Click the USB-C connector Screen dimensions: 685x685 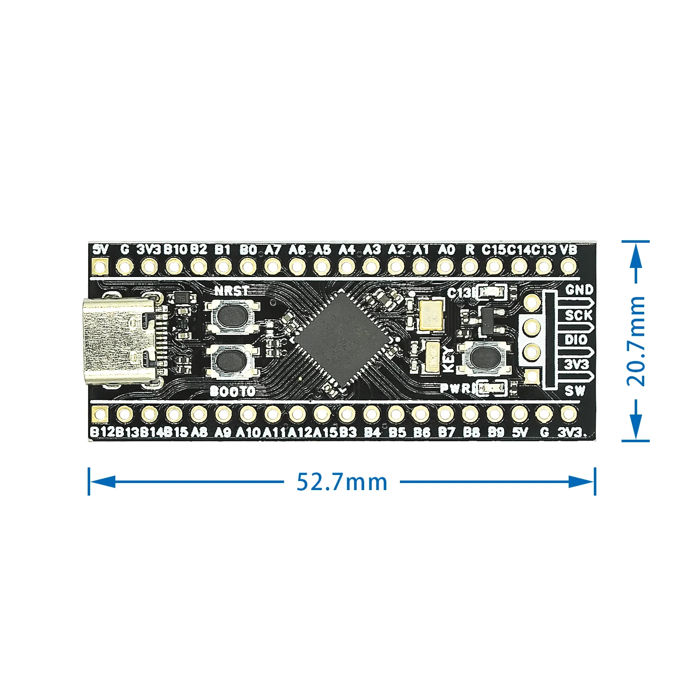[118, 341]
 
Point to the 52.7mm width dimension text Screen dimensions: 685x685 [342, 482]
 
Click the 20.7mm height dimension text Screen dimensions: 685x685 [636, 341]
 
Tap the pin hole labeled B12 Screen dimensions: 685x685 [100, 415]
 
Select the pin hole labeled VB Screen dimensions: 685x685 [569, 265]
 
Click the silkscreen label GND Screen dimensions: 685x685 [579, 290]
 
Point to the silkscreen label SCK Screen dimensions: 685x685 [579, 315]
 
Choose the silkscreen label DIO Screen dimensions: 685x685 [576, 339]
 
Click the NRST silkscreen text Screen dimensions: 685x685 [232, 291]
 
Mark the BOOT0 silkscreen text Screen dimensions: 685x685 [232, 391]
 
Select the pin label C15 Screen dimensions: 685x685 [494, 249]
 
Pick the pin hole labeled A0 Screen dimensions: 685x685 [445, 265]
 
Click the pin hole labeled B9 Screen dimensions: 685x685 [495, 415]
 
